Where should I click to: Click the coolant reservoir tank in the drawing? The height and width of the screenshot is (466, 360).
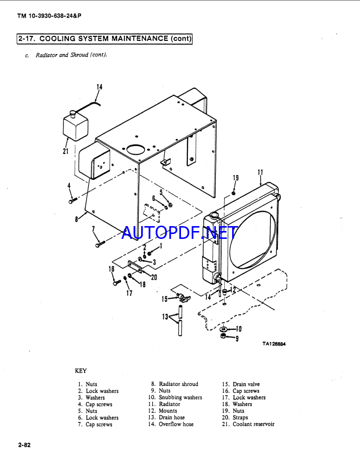coord(76,126)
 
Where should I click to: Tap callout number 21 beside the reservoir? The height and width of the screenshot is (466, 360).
coord(65,151)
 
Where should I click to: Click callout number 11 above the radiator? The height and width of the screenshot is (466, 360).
coord(261,173)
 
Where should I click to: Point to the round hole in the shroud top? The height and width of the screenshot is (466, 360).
coord(137,149)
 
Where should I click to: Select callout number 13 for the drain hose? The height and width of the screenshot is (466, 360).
coord(165,317)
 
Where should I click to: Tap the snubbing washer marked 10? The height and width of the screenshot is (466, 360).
coord(224,329)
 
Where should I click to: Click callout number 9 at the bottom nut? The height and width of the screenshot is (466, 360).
coord(237,339)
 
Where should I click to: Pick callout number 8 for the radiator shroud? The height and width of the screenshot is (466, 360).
coord(77,219)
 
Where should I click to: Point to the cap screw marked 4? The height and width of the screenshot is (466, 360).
coord(72,201)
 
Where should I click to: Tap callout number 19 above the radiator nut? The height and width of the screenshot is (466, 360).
coord(236,178)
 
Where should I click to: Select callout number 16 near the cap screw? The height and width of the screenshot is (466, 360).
coord(112,269)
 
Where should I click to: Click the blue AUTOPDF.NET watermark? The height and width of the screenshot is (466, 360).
coord(180,233)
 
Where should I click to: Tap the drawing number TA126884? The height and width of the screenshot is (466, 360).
coord(274,344)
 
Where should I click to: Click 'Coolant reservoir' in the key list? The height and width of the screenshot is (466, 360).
coord(254,424)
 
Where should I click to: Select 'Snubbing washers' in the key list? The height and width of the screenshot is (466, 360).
coord(180,397)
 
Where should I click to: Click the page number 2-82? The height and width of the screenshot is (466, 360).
coord(25,445)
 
